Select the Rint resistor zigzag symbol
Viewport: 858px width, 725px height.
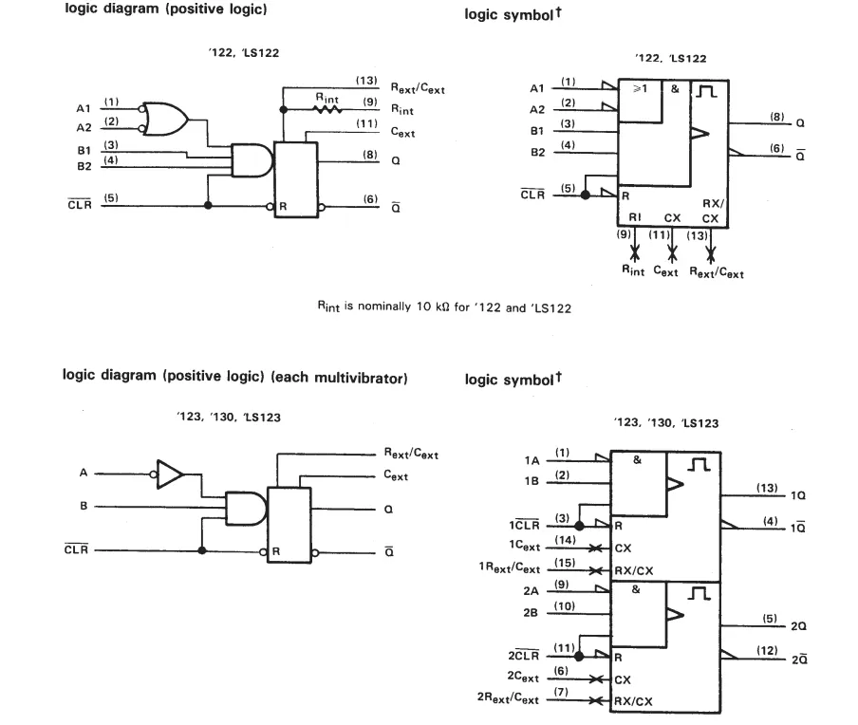(327, 109)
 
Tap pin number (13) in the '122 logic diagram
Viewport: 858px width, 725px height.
(366, 81)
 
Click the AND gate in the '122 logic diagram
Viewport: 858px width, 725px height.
(252, 160)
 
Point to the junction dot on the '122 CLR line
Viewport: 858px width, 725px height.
(208, 205)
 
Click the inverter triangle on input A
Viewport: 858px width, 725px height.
(170, 474)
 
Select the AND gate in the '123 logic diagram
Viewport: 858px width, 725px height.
(246, 509)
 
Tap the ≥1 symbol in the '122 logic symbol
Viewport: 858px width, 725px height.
(640, 88)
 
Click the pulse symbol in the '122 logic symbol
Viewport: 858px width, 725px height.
(706, 91)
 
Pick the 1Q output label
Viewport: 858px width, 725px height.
(798, 495)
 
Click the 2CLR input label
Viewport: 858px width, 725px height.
(524, 655)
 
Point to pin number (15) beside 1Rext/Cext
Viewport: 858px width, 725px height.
(565, 563)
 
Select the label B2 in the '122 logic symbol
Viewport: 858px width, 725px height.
(537, 152)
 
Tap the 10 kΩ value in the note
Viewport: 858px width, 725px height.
(433, 307)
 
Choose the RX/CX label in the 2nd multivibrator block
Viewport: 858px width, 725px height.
(633, 701)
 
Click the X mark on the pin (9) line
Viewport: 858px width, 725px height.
(635, 253)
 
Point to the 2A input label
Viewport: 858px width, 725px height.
(531, 591)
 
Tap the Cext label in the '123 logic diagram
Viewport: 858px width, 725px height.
(396, 475)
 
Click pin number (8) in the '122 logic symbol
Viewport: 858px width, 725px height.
(777, 117)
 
